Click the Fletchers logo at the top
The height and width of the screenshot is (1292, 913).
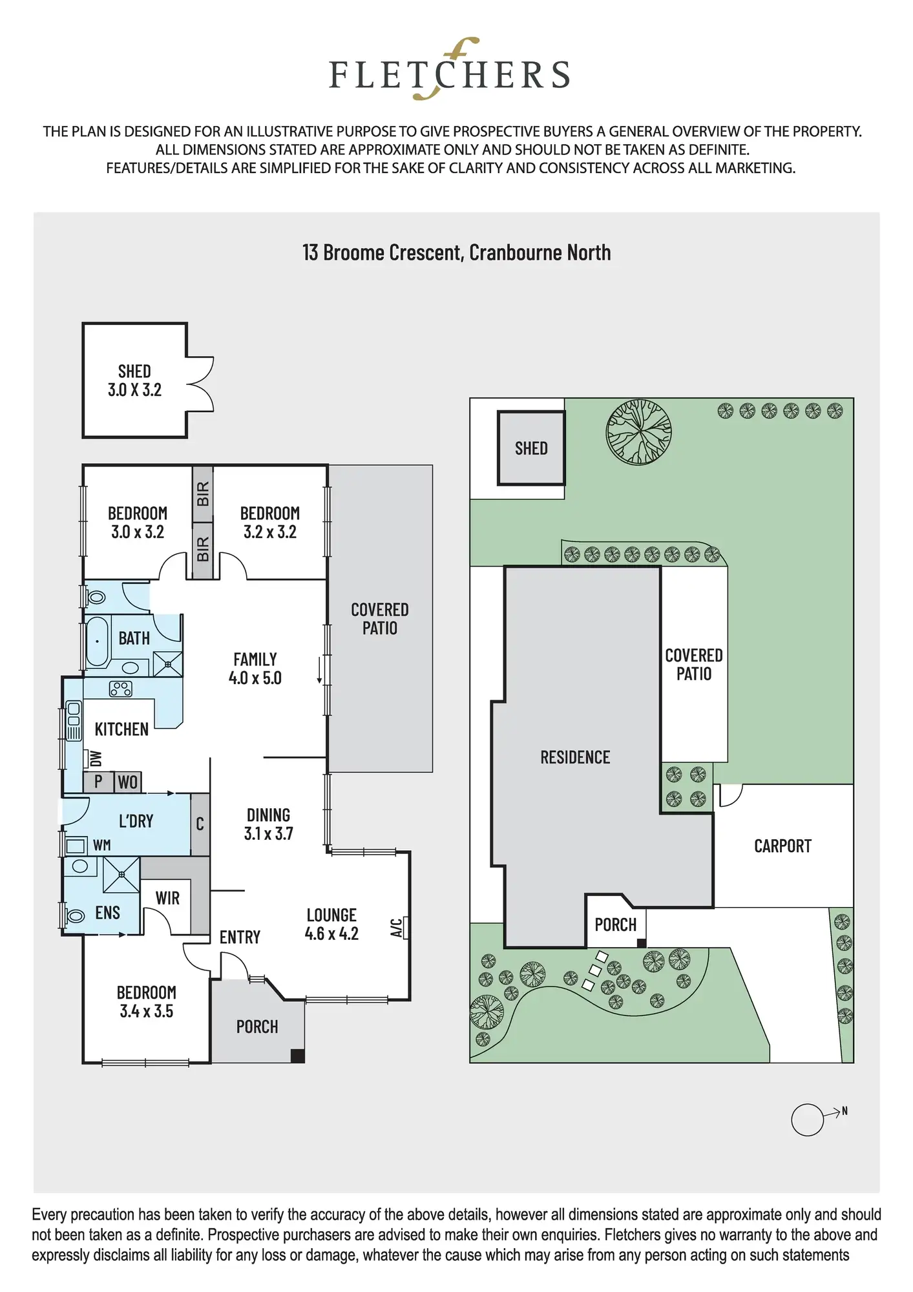coord(450,69)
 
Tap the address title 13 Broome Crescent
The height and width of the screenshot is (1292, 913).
coord(456,253)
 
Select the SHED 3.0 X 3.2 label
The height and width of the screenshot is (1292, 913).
coord(134,380)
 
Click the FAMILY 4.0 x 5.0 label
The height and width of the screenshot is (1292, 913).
coord(255,669)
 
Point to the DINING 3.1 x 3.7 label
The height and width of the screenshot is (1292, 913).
coord(269,824)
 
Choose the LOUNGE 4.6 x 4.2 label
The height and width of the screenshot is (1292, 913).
coord(331,924)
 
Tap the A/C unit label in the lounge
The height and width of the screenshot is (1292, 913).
coord(397,928)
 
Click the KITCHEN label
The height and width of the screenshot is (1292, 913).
coord(121,729)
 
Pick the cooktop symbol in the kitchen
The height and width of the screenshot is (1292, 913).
coord(121,689)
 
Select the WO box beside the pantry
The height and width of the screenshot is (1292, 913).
coord(128,782)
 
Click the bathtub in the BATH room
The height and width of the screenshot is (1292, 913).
coord(98,642)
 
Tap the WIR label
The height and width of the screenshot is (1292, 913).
coord(167,898)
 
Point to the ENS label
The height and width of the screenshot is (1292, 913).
coord(107,913)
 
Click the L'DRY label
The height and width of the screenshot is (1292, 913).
coord(136,821)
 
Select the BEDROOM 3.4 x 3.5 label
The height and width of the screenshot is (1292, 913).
coord(147,1002)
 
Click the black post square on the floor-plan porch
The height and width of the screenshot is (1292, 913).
coord(298,1056)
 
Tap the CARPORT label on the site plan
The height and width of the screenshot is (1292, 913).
coord(782,846)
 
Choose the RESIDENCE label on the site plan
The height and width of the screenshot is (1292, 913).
coord(575,757)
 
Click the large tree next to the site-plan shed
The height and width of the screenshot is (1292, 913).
coord(638,432)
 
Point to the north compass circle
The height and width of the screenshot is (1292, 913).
coord(808,1119)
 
